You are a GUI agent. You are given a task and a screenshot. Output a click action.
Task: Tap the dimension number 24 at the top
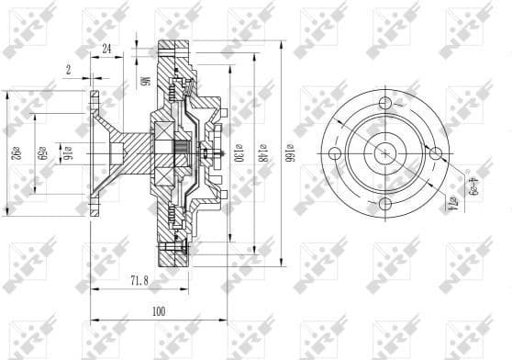pyautogui.click(x=107, y=48)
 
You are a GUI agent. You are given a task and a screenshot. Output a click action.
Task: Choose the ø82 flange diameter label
pyautogui.click(x=17, y=149)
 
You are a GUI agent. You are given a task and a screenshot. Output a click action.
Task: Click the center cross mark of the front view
pyautogui.click(x=384, y=152)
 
